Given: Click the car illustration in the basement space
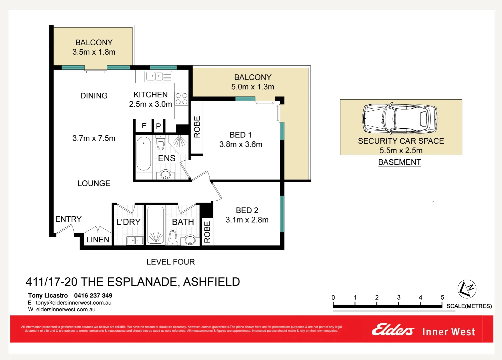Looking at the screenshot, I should [x=400, y=118].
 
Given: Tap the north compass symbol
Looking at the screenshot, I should [x=467, y=289].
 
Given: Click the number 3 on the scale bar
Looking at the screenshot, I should [x=399, y=297].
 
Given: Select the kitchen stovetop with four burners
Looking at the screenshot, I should [x=182, y=99].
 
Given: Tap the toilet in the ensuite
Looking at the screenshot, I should [x=161, y=143].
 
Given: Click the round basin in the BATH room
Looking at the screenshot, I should [x=190, y=240].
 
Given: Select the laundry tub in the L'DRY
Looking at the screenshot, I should [x=135, y=240].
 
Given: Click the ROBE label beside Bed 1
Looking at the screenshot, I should [x=197, y=127].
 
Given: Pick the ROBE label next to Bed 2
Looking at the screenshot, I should [x=207, y=232].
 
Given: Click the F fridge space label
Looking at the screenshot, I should [x=144, y=126].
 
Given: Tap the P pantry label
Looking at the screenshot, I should [x=159, y=126].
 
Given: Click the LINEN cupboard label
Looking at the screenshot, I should [x=98, y=240].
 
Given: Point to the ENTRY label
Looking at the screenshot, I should [x=68, y=219].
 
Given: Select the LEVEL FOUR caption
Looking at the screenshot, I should [x=171, y=262].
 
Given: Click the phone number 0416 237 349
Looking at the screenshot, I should [x=93, y=295].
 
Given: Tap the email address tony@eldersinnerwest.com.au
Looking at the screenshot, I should [x=74, y=303].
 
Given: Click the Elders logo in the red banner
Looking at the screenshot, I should [x=393, y=330].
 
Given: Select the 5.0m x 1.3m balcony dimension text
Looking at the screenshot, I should [x=252, y=87].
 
